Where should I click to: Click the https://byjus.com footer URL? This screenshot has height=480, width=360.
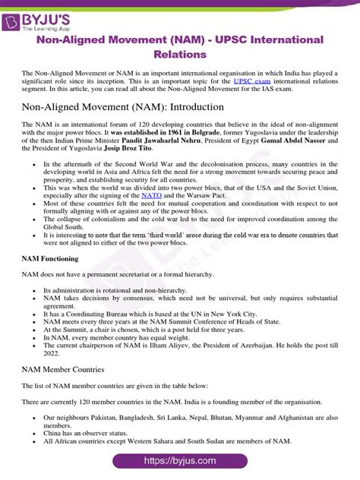click(180, 461)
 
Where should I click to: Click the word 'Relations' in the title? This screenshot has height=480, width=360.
click(180, 55)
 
